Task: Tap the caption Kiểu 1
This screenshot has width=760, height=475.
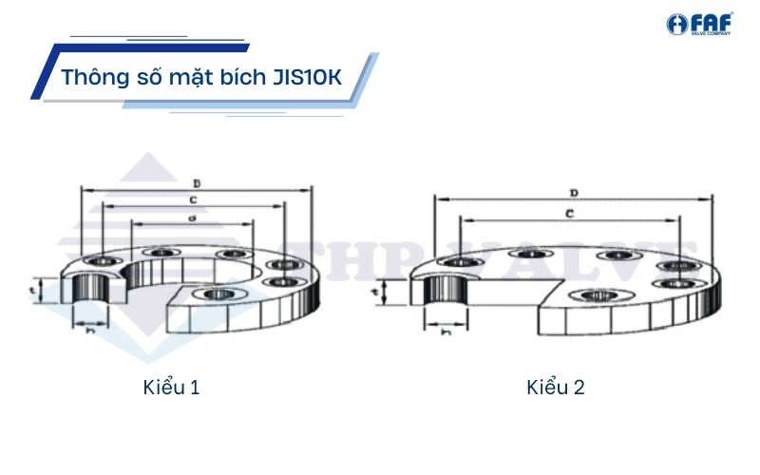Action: (x=172, y=388)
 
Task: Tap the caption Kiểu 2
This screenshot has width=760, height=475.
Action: (x=556, y=388)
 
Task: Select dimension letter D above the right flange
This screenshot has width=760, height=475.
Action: (x=574, y=193)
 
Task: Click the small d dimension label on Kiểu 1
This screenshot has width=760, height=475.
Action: (x=192, y=218)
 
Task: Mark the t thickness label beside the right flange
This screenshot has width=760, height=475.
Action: (x=375, y=288)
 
